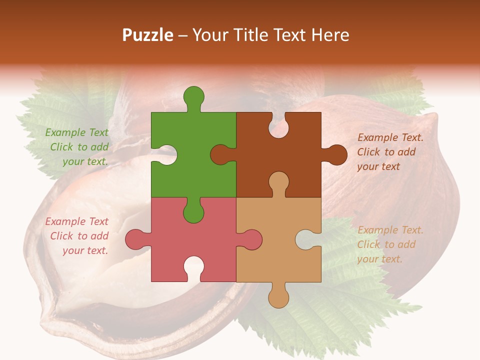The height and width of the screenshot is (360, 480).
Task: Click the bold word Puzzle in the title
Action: click(148, 35)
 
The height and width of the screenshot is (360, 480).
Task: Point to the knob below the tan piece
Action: click(278, 298)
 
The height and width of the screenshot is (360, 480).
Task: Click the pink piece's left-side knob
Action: click(135, 239)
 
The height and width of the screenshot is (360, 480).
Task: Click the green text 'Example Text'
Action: click(76, 132)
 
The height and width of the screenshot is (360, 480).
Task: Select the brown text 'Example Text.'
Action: click(390, 137)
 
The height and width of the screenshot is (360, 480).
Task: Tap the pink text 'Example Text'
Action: click(76, 221)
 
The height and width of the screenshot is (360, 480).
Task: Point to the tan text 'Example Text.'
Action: click(390, 230)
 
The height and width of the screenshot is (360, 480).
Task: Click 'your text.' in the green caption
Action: click(85, 161)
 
